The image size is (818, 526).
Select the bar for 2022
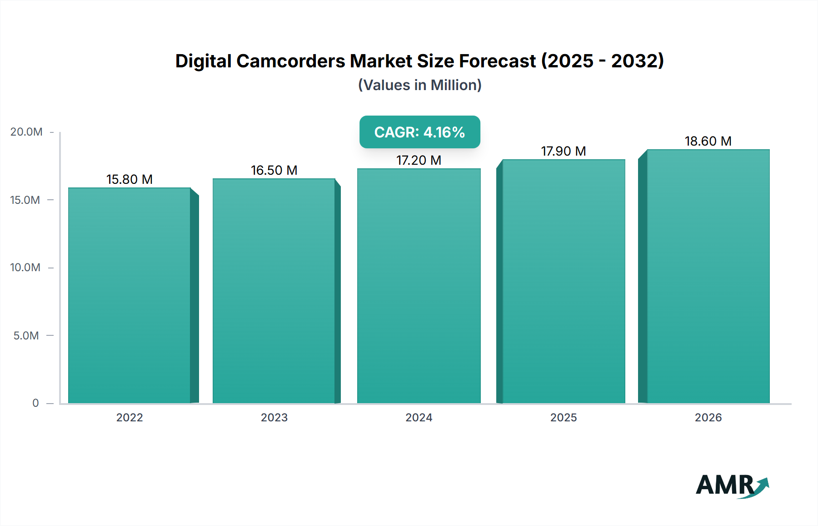pos(130,296)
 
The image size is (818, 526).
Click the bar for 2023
pos(274,291)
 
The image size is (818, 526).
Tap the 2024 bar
pos(419,287)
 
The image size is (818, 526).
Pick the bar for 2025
pos(564,282)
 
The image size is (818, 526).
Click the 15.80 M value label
pos(130,179)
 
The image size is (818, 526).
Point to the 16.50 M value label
pos(274,170)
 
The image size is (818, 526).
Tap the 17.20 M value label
pos(419,160)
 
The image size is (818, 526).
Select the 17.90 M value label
pos(564,151)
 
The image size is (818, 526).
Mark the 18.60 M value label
pos(708,141)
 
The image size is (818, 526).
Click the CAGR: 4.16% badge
pos(419,132)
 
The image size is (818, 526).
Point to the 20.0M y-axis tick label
pos(26,132)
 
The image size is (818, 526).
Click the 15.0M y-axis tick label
pos(25,200)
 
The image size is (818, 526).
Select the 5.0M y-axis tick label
pos(26,335)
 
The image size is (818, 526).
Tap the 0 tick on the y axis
pos(35,403)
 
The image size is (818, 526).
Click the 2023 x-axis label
pos(274,417)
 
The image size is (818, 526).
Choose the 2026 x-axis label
pos(708,417)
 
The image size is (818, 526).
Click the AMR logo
pos(732,485)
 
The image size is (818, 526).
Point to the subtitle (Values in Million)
pos(419,85)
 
